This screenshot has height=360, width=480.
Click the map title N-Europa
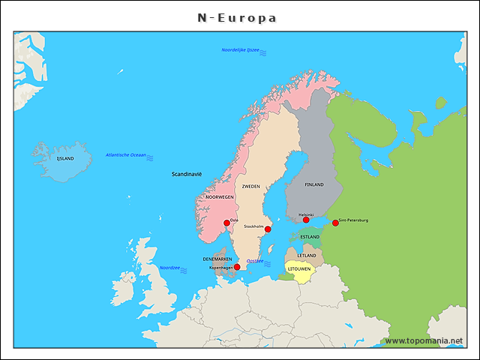coord(237,17)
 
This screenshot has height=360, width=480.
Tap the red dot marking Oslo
coord(226,223)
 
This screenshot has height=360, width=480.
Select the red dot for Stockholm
coord(268,229)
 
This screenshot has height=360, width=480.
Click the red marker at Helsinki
coord(306,220)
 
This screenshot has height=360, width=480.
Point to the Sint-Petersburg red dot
coord(335,223)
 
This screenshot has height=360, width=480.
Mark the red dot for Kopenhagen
coord(237,267)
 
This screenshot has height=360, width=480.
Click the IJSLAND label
coord(65,159)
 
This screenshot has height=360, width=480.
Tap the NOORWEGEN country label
coord(220,197)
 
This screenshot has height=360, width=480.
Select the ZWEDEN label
coord(250,187)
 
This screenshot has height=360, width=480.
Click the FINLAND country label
coord(314,184)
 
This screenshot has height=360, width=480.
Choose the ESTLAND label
coord(310,237)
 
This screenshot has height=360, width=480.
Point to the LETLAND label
coord(307,256)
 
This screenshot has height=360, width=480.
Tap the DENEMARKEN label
coord(217,259)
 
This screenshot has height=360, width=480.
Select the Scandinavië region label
coord(187,174)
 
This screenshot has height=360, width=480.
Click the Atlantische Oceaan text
coord(126,155)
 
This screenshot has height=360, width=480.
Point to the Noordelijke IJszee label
coord(240,50)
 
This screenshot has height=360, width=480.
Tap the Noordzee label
coord(169,268)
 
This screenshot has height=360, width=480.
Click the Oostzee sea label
coord(255,261)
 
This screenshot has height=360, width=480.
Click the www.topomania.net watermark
coord(424,340)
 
